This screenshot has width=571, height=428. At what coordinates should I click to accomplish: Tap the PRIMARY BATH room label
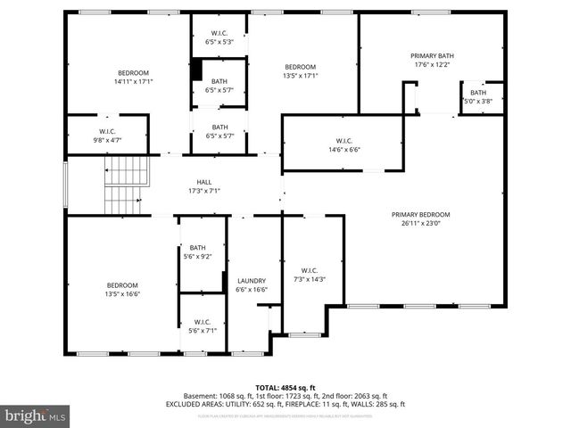click(432, 55)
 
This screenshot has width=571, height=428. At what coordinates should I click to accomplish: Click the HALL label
click(204, 182)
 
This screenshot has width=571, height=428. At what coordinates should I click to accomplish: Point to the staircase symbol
click(124, 185)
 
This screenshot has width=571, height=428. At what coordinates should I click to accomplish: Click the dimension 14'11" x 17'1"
click(133, 82)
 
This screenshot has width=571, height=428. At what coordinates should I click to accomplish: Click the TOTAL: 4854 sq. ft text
click(285, 387)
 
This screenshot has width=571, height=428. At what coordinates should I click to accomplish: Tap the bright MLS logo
click(36, 416)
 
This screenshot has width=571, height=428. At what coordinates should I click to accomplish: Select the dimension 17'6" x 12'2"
click(432, 64)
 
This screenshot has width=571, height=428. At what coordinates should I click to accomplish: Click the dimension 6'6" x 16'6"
click(252, 290)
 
